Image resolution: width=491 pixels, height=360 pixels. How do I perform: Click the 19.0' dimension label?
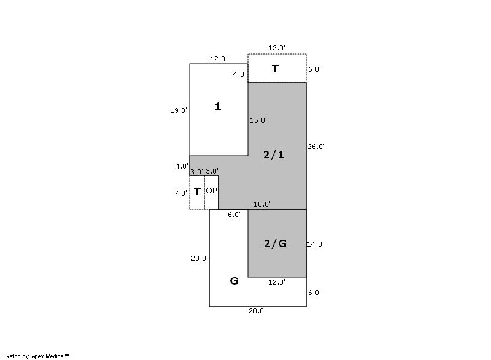tap(179, 110)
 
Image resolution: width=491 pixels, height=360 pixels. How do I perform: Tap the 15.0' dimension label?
tap(258, 120)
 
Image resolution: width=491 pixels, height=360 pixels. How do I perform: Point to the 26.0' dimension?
tap(316, 147)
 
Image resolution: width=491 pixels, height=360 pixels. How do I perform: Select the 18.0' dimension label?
tap(262, 204)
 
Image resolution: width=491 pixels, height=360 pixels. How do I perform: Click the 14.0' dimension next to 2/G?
tap(315, 244)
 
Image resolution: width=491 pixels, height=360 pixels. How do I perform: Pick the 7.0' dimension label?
tap(181, 193)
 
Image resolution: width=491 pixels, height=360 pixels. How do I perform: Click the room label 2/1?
tap(274, 155)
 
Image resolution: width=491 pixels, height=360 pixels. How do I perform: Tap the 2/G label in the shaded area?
tap(275, 243)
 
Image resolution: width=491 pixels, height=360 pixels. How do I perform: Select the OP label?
tap(211, 190)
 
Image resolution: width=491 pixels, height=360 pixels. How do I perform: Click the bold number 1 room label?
tap(218, 106)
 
